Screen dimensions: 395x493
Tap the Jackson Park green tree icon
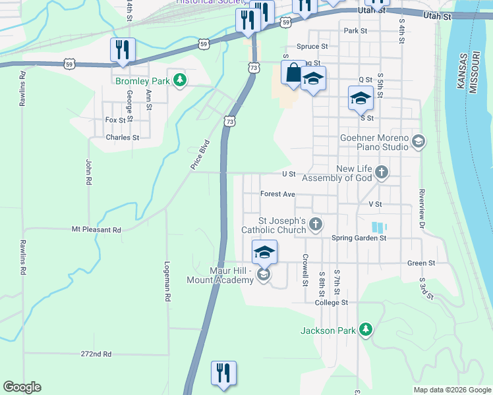pyautogui.click(x=366, y=330)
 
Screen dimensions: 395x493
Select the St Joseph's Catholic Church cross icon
pyautogui.click(x=316, y=224)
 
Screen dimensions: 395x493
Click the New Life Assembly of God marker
pyautogui.click(x=381, y=173)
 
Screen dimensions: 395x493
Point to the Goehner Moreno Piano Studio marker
pyautogui.click(x=418, y=142)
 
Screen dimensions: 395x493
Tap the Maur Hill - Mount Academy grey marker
pyautogui.click(x=264, y=275)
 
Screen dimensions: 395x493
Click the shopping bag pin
pyautogui.click(x=293, y=73)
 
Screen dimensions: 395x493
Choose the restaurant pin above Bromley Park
pyautogui.click(x=123, y=50)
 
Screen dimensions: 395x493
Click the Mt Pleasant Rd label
pyautogui.click(x=97, y=230)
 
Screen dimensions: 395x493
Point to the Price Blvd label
pyautogui.click(x=200, y=155)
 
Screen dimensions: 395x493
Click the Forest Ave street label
pyautogui.click(x=277, y=194)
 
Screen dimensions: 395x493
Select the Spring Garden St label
pyautogui.click(x=359, y=238)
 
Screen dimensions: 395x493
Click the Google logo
pyautogui.click(x=22, y=387)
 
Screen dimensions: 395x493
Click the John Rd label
pyautogui.click(x=88, y=172)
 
